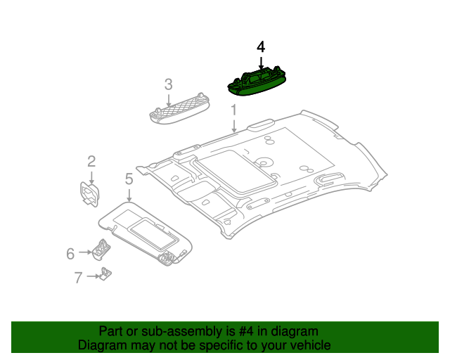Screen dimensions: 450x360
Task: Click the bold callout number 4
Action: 261,47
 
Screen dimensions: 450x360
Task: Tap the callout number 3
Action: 169,84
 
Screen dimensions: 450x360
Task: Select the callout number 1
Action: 234,110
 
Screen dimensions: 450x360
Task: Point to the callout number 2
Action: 91,161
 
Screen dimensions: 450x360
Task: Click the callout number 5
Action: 129,179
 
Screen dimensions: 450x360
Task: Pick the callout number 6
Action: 70,254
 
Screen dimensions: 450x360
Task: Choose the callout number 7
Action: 78,278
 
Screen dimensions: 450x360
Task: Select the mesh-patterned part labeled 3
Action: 179,109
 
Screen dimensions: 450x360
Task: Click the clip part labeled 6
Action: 101,250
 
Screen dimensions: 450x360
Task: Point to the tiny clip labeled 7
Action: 105,274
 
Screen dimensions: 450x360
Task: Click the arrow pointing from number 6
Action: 85,252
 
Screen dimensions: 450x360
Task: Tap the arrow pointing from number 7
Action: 94,276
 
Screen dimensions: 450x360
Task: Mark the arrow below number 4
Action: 261,63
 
